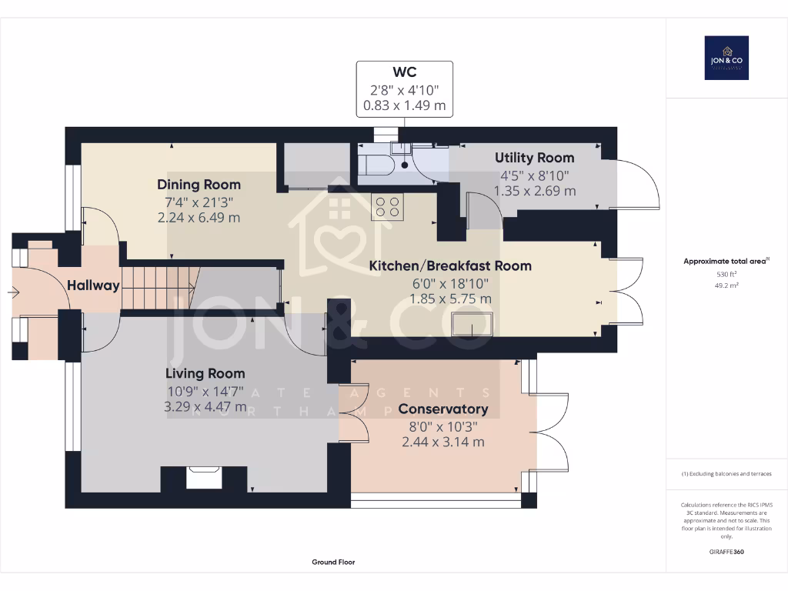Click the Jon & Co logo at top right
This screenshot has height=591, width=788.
726,58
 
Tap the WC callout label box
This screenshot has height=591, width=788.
404,88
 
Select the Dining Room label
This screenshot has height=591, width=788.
199,185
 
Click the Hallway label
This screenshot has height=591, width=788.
93,285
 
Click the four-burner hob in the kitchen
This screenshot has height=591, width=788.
386,206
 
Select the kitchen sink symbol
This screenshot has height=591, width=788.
472,324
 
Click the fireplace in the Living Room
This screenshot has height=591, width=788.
204,478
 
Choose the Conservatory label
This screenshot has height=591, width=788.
442,409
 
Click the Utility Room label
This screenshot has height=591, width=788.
534,158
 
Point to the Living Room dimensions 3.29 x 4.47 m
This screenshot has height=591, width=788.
205,406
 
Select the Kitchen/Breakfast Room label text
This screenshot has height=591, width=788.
450,265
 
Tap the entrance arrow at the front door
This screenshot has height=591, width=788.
18,292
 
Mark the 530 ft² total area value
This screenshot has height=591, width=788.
726,274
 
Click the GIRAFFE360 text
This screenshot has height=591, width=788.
726,552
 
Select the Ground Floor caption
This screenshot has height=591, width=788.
333,563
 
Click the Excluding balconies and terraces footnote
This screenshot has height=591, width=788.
726,474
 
